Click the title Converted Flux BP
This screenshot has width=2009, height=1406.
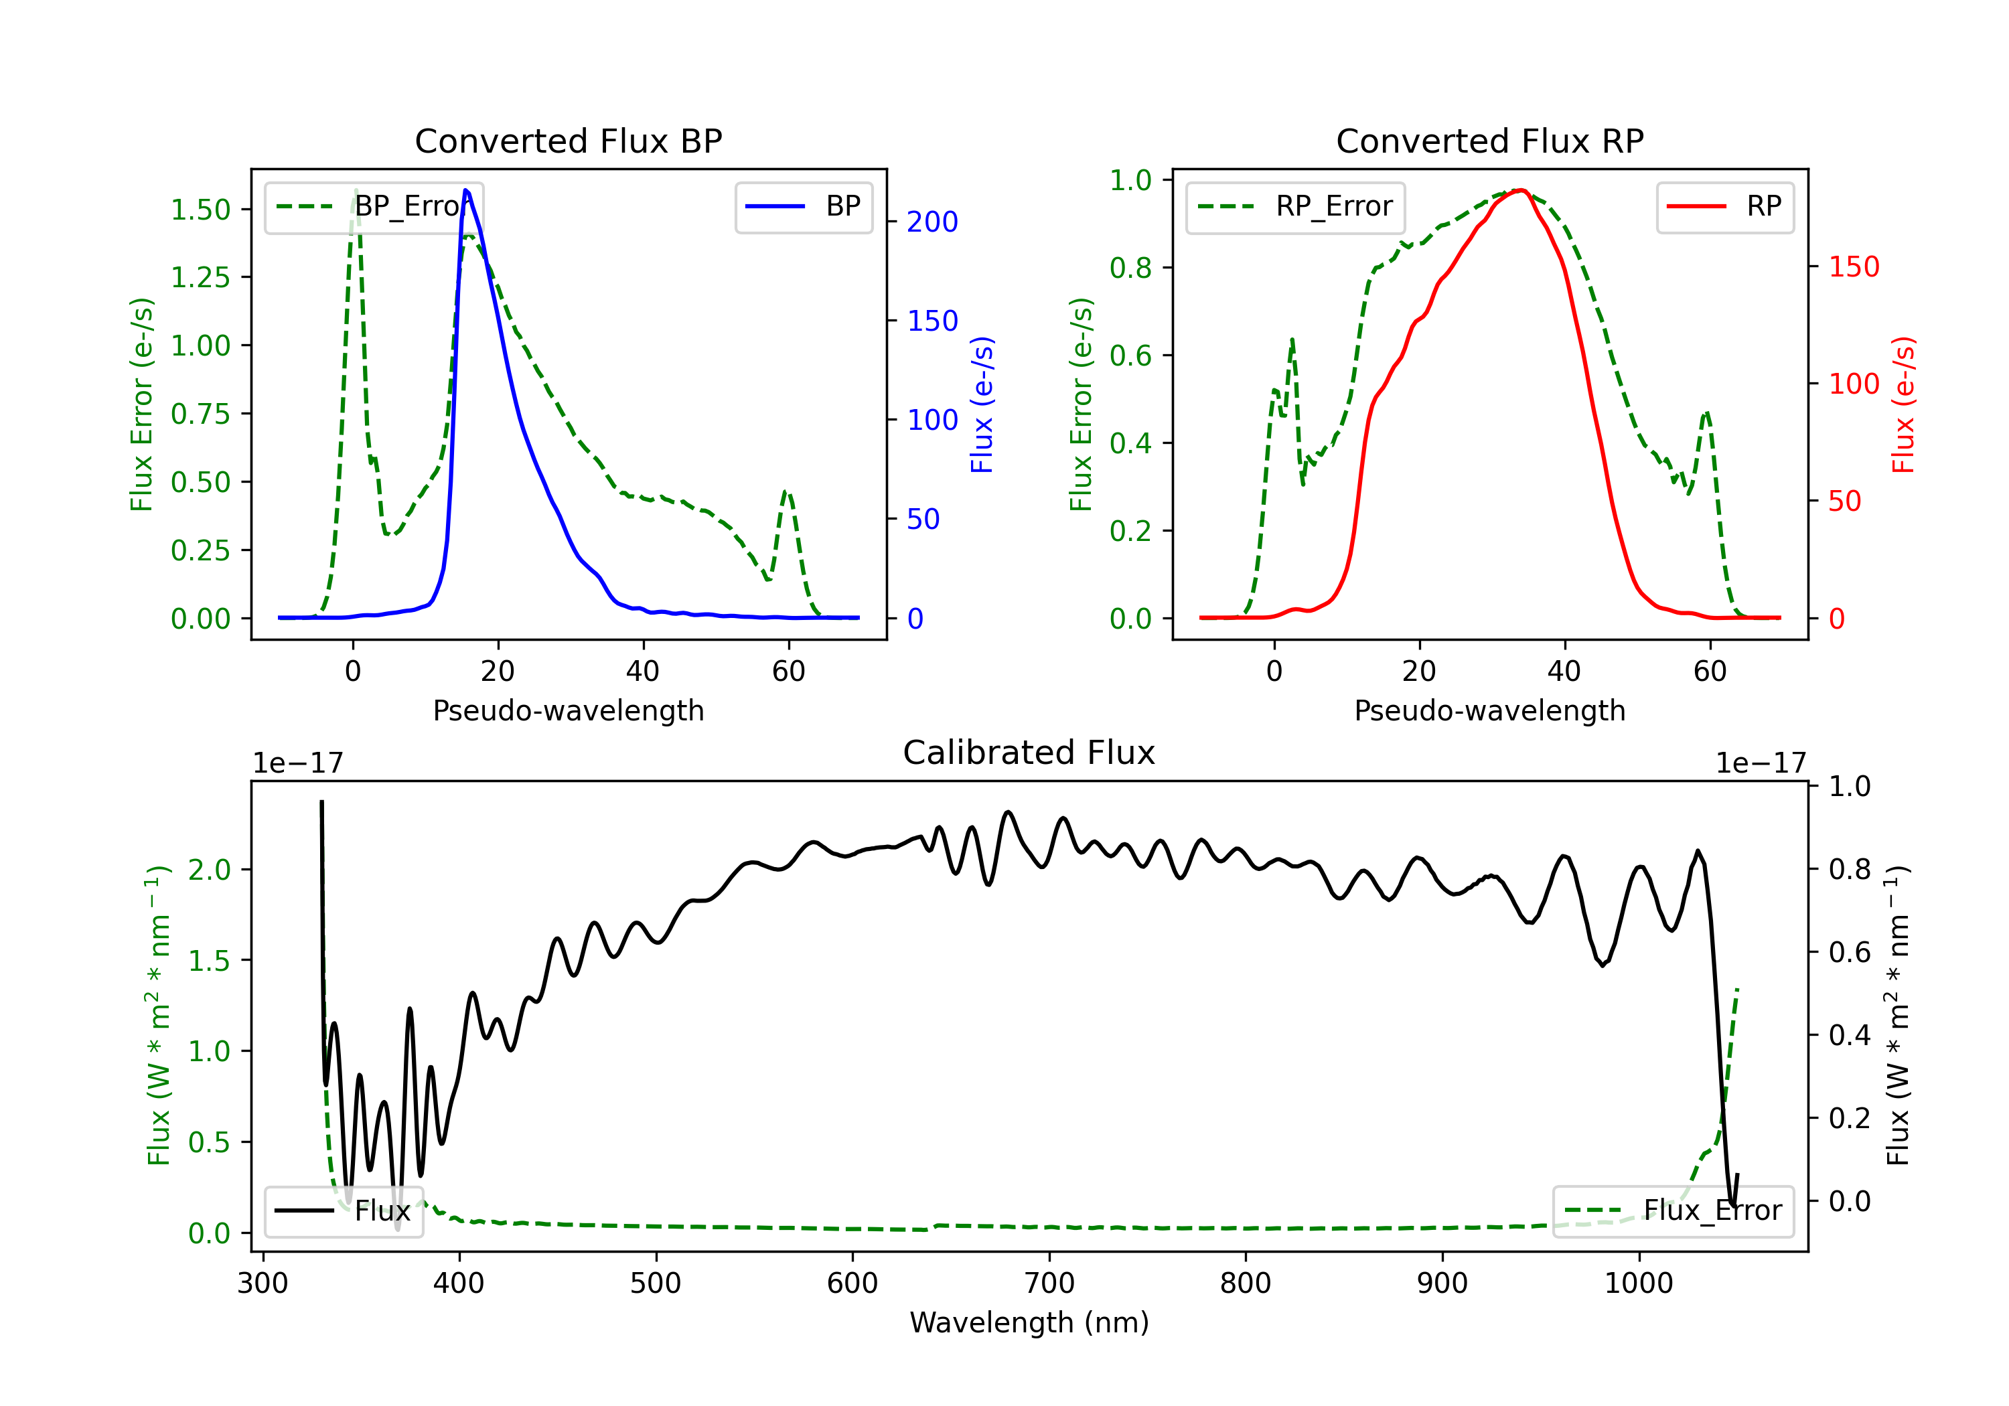pyautogui.click(x=568, y=141)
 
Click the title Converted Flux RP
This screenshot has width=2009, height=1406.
pyautogui.click(x=1489, y=141)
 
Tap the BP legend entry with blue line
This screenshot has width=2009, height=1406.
pyautogui.click(x=803, y=206)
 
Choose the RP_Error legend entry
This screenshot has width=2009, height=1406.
pyautogui.click(x=1295, y=206)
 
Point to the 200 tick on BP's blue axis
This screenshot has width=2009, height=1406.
pyautogui.click(x=932, y=222)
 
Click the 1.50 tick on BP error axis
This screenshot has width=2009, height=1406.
pyautogui.click(x=200, y=210)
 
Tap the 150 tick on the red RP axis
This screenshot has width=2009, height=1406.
pyautogui.click(x=1853, y=267)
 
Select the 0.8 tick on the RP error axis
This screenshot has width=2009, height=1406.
pyautogui.click(x=1130, y=268)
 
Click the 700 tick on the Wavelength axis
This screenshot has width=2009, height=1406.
pyautogui.click(x=1049, y=1283)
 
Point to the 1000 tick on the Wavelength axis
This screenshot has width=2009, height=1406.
pyautogui.click(x=1638, y=1283)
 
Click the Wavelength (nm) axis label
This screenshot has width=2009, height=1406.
pyautogui.click(x=1029, y=1322)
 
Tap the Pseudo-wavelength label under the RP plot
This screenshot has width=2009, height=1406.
pyautogui.click(x=1489, y=710)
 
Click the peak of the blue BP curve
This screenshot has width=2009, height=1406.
pyautogui.click(x=465, y=190)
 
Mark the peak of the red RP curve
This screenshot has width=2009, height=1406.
pyautogui.click(x=1521, y=190)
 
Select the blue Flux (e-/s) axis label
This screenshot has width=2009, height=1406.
pyautogui.click(x=982, y=404)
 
